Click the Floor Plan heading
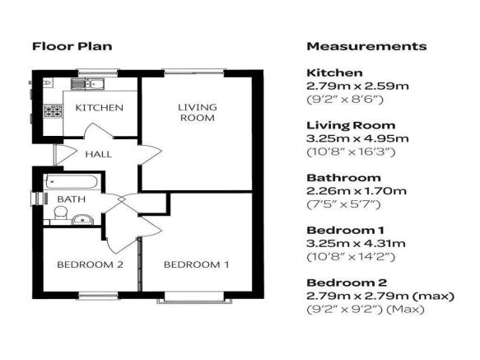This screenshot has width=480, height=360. pyautogui.click(x=72, y=46)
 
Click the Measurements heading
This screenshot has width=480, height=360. pyautogui.click(x=366, y=46)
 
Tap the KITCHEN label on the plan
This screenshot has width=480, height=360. pyautogui.click(x=99, y=108)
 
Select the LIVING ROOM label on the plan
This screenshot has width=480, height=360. pyautogui.click(x=198, y=112)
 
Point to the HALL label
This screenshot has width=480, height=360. pyautogui.click(x=98, y=154)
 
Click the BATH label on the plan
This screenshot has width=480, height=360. pyautogui.click(x=72, y=199)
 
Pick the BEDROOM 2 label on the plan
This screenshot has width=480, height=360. pyautogui.click(x=90, y=264)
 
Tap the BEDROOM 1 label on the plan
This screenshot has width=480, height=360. pyautogui.click(x=196, y=264)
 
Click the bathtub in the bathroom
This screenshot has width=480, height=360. pyautogui.click(x=72, y=182)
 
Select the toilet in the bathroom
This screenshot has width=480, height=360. pyautogui.click(x=61, y=213)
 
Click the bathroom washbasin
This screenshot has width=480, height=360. pyautogui.click(x=82, y=220)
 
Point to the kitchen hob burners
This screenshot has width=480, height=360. pyautogui.click(x=54, y=110)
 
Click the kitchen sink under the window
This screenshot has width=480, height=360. pyautogui.click(x=87, y=83)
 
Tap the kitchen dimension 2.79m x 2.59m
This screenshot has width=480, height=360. pyautogui.click(x=357, y=86)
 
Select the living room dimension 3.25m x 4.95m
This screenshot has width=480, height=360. pyautogui.click(x=357, y=138)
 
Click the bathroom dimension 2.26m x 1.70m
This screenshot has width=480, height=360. pyautogui.click(x=357, y=191)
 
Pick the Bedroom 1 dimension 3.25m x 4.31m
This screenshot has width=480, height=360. pyautogui.click(x=356, y=244)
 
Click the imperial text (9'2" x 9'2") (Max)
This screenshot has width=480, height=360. pyautogui.click(x=366, y=310)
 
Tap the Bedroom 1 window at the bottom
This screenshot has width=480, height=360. pyautogui.click(x=194, y=297)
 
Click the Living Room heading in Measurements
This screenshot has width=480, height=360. pyautogui.click(x=351, y=125)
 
